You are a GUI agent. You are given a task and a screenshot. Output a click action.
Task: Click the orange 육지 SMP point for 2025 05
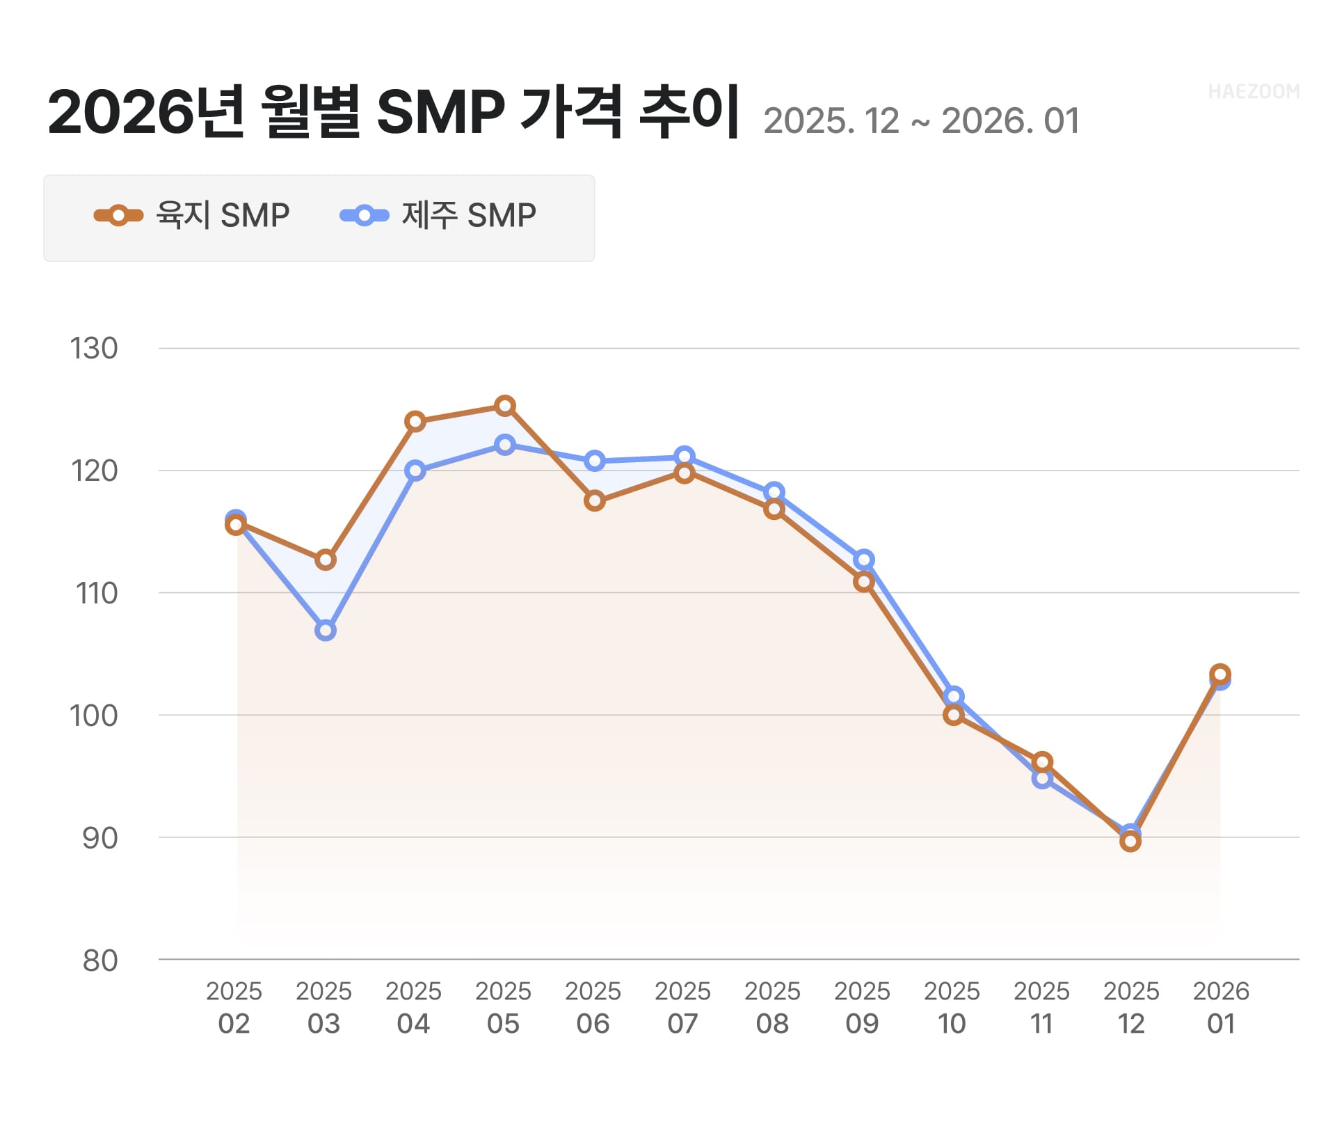(505, 405)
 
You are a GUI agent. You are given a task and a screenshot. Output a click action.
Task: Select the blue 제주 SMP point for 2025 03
(326, 631)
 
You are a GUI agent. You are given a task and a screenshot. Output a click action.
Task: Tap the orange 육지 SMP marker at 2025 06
(595, 500)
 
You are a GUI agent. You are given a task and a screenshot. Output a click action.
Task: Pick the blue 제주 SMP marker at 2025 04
(415, 471)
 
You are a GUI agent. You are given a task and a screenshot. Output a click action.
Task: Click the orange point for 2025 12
(1131, 841)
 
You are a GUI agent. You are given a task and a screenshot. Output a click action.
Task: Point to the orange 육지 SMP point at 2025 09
(864, 581)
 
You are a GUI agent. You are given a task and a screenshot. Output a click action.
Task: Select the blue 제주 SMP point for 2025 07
(685, 456)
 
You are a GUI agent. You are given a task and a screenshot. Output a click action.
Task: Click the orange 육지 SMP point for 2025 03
(326, 560)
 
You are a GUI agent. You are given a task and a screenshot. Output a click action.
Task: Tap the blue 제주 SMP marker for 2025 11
(1042, 778)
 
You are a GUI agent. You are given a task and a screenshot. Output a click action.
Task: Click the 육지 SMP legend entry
(192, 216)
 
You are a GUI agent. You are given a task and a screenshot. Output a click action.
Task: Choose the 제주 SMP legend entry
(438, 216)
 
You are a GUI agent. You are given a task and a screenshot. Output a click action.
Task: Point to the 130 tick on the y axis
(95, 349)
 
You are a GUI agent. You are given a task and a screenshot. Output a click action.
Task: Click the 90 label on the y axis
(100, 838)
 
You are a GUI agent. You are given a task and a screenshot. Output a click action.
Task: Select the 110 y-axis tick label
(96, 594)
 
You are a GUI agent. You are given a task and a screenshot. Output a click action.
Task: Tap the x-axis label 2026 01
(1221, 1007)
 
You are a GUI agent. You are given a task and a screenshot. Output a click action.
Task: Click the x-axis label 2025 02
(234, 1007)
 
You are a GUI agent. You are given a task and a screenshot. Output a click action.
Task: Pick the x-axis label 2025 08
(773, 1007)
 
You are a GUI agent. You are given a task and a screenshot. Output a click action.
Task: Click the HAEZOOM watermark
(1254, 92)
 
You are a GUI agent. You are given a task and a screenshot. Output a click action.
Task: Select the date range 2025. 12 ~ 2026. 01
(921, 121)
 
